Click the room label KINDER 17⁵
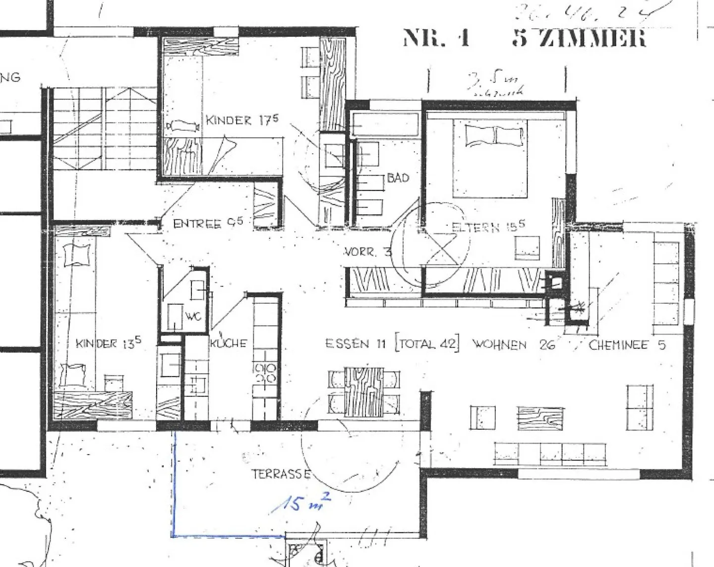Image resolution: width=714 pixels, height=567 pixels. point(242,120)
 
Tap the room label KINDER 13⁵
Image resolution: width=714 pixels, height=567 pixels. point(109,343)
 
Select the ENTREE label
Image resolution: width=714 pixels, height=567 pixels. point(208,224)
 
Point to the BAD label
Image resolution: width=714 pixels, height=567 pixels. point(398,177)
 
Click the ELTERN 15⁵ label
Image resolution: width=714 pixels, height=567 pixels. point(488,227)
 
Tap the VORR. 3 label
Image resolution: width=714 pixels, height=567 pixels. point(368,252)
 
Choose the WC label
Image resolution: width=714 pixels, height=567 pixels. point(193,316)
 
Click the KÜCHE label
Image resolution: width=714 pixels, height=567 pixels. point(228,343)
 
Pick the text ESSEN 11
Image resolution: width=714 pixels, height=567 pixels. point(355,344)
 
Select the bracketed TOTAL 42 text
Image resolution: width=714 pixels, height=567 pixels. point(427,344)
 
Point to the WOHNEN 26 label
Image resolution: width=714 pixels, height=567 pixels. point(513,344)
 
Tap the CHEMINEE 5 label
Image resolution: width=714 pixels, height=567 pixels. point(627,345)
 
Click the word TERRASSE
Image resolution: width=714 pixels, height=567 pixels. point(281,474)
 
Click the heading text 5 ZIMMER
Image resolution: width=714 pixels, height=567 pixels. point(579,38)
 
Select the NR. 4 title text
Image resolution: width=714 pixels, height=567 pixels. point(436,38)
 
